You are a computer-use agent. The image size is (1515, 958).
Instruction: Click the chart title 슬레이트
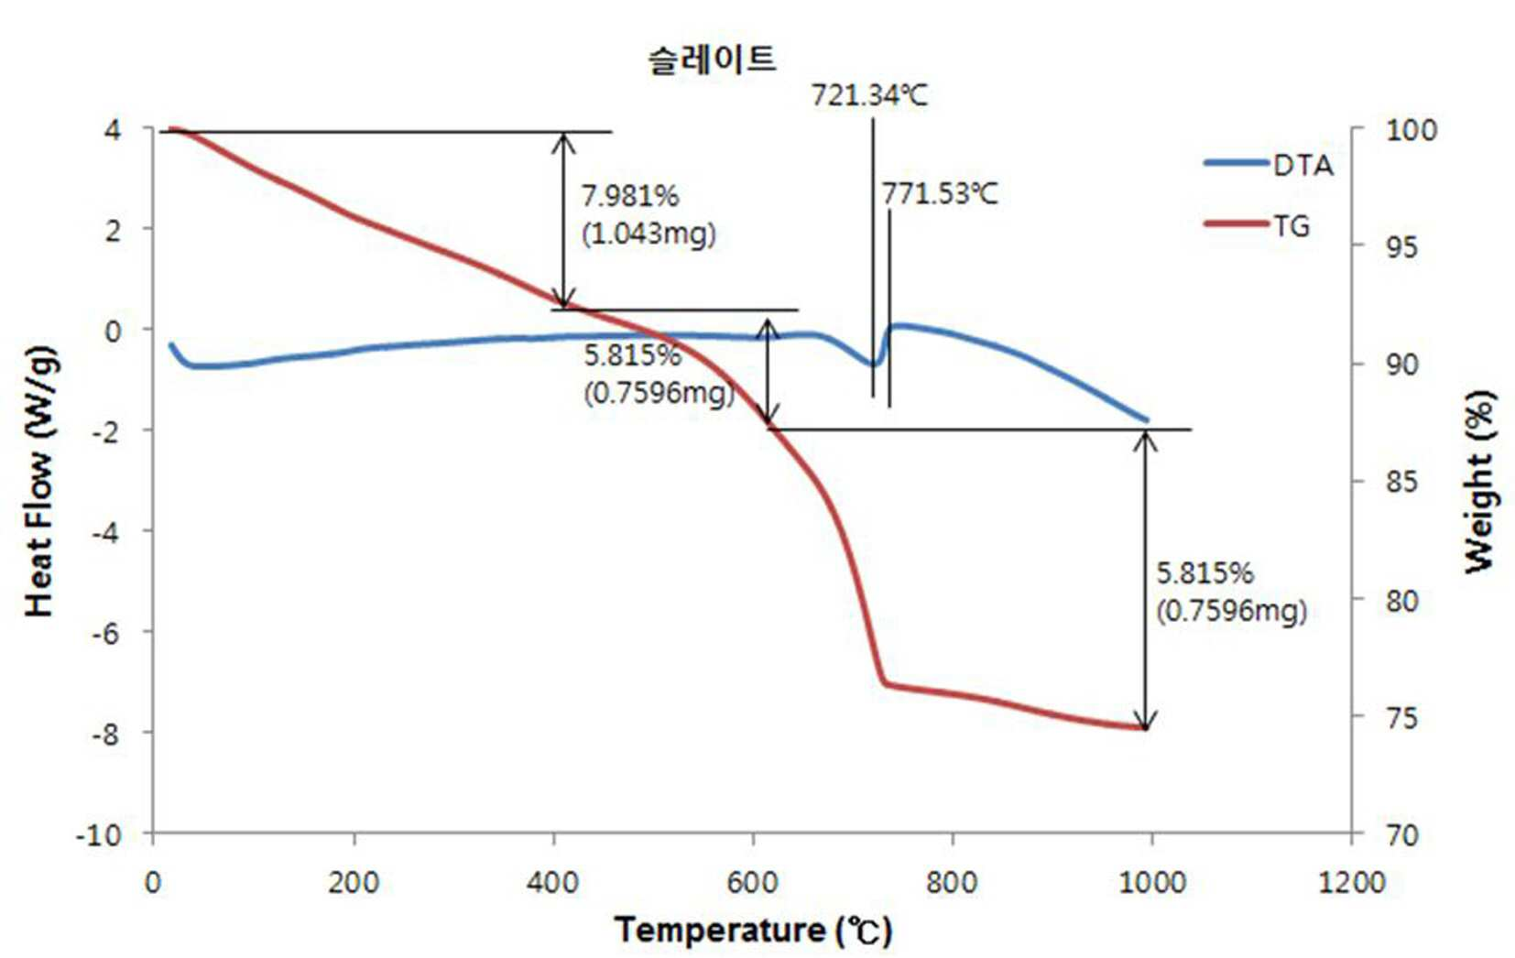coord(712,60)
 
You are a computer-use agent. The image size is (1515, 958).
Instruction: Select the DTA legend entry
coord(1269,164)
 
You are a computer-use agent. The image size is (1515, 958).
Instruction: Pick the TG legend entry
coord(1258,225)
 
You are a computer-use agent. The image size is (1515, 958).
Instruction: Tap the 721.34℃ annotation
coord(870,95)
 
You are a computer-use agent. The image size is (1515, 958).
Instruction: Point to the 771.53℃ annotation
coord(940,194)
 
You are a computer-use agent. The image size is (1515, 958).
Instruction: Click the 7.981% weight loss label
coord(630,196)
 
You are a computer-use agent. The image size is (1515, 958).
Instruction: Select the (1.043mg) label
coord(649,234)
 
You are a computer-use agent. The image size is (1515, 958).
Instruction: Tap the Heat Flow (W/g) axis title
coord(40,482)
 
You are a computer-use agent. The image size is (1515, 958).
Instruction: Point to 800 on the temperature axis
coord(952,882)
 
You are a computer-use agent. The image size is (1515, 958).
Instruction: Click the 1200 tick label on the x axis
coord(1351,882)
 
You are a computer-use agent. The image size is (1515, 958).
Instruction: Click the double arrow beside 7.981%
coord(564,221)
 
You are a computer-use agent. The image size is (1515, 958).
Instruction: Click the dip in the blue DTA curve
coord(873,365)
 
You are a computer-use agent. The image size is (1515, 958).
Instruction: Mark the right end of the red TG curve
coord(1145,728)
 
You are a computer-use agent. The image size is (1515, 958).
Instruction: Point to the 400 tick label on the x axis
coord(552,882)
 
